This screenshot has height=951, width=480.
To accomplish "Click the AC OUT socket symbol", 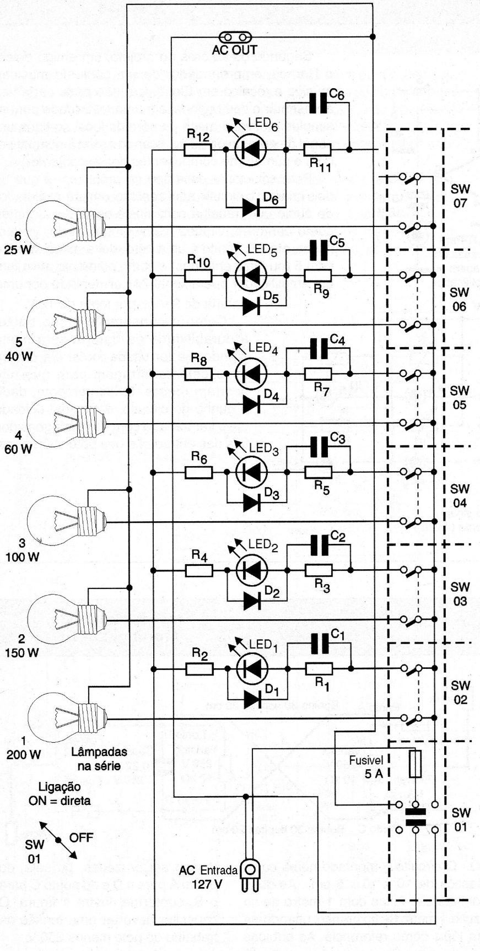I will point(235,37).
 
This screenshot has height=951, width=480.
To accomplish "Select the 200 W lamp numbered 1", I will point(63,717).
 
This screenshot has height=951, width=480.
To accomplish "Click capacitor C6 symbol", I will point(317,103).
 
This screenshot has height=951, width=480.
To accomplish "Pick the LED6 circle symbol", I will point(251,149).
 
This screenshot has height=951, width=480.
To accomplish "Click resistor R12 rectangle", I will point(198,149).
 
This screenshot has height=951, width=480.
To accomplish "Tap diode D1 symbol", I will point(251,699).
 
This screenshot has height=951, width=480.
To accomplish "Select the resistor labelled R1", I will point(319,669).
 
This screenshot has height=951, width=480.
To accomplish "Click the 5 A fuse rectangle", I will point(416,764).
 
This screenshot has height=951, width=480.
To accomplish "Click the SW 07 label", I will point(460,196).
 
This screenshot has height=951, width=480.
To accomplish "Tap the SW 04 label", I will point(460,496).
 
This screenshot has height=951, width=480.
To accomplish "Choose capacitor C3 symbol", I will point(319,447).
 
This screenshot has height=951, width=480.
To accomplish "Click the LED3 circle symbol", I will point(251,472).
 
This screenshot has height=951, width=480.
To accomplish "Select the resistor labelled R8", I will point(199,374).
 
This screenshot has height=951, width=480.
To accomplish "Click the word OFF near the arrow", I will point(81,837).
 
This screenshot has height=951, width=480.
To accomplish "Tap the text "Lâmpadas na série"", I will point(99,758).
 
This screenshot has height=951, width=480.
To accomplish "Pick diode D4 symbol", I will point(251,404).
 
